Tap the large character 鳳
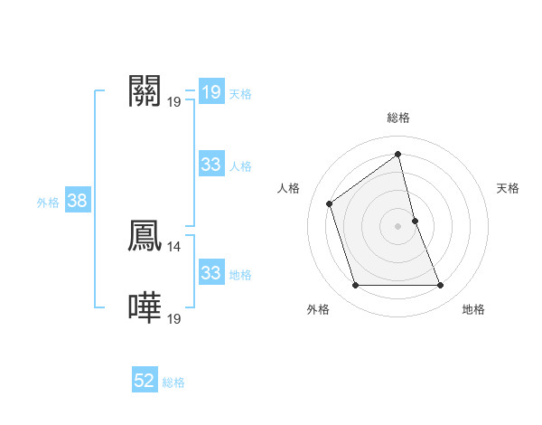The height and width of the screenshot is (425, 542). pyautogui.click(x=145, y=234)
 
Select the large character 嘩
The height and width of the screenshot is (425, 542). pyautogui.click(x=145, y=307)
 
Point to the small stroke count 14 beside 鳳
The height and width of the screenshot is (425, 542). pyautogui.click(x=174, y=245)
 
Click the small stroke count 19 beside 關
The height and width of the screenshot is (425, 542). pyautogui.click(x=174, y=101)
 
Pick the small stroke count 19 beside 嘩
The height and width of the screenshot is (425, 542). pyautogui.click(x=174, y=318)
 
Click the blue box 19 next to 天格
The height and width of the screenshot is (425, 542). pyautogui.click(x=210, y=92)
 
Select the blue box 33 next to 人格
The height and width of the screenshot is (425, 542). pyautogui.click(x=210, y=165)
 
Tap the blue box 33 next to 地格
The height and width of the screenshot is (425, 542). pyautogui.click(x=210, y=273)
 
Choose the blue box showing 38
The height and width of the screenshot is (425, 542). pyautogui.click(x=77, y=201)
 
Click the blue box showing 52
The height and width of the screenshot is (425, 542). pyautogui.click(x=145, y=381)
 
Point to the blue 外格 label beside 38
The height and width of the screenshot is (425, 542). pyautogui.click(x=48, y=203)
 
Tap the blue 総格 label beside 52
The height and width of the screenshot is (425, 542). pyautogui.click(x=173, y=382)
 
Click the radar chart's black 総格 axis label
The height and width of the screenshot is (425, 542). pyautogui.click(x=398, y=118)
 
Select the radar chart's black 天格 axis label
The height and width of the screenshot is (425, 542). pyautogui.click(x=508, y=188)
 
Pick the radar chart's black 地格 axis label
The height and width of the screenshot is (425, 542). pyautogui.click(x=473, y=309)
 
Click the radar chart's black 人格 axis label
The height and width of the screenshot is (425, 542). pyautogui.click(x=288, y=188)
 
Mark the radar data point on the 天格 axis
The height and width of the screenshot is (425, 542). pyautogui.click(x=415, y=221)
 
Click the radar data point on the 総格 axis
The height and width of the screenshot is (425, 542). pyautogui.click(x=398, y=155)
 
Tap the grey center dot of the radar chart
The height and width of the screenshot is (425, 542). pyautogui.click(x=398, y=225)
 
